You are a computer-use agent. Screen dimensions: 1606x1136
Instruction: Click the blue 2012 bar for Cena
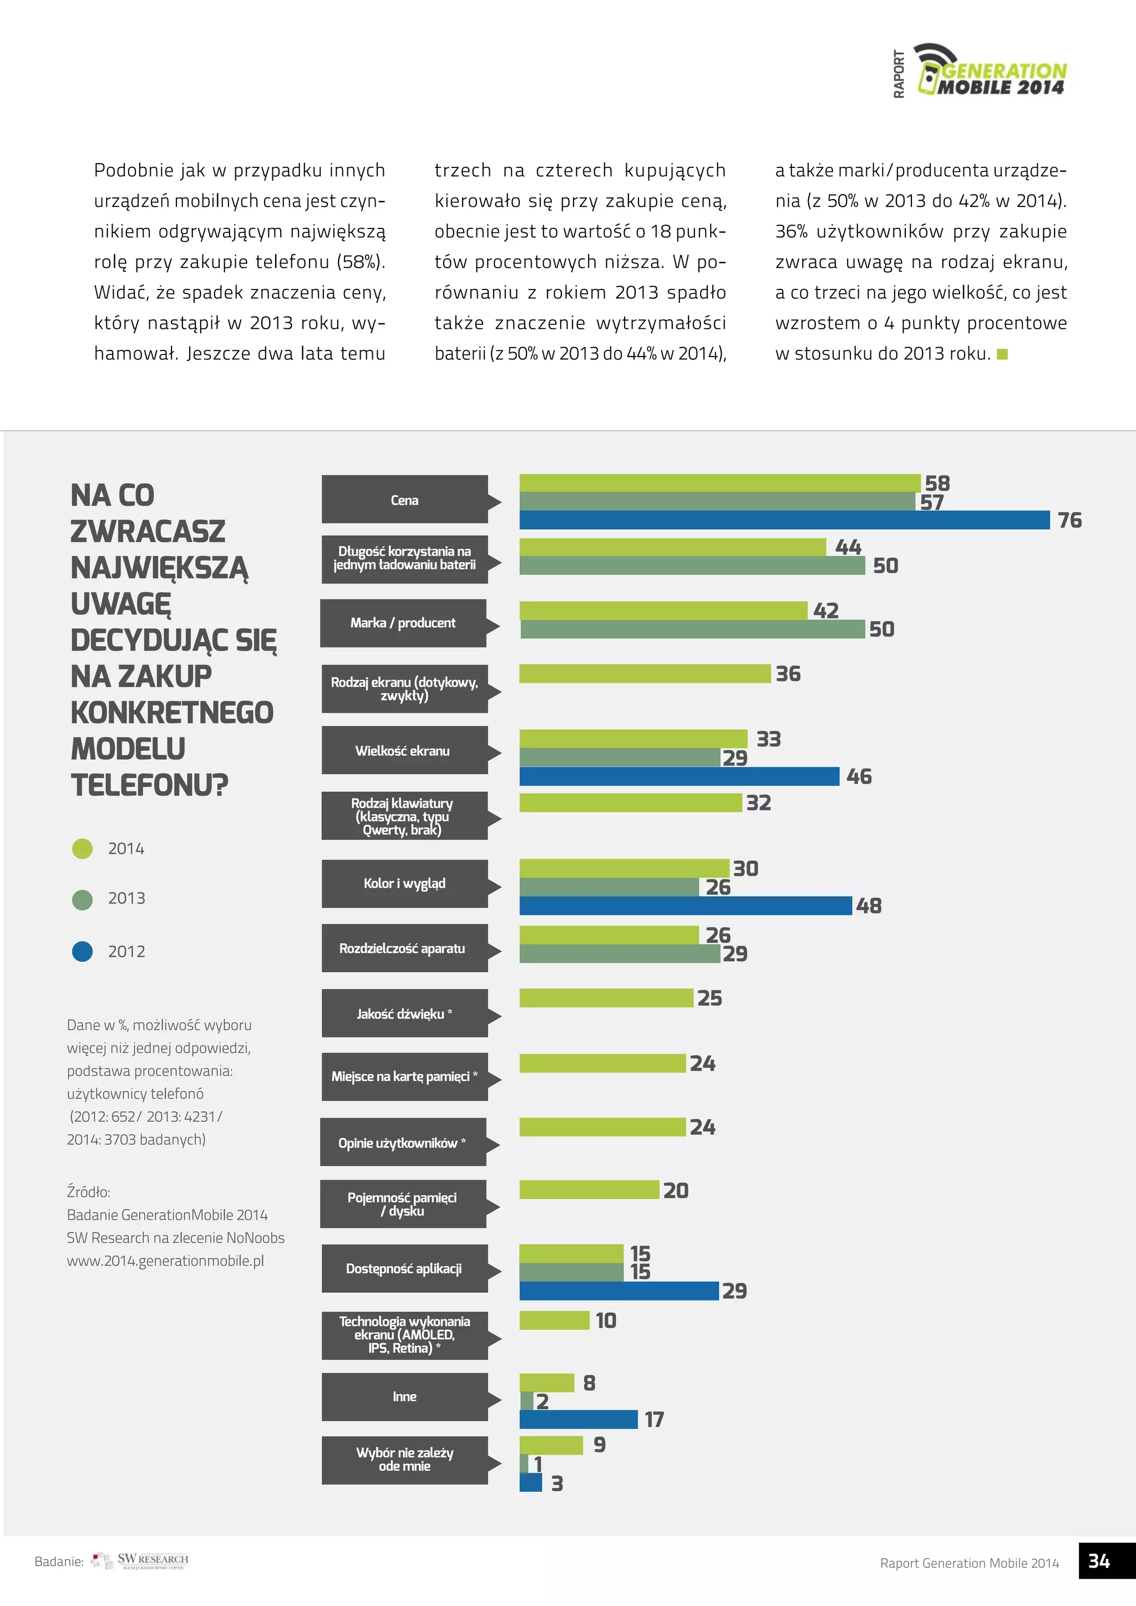click(x=783, y=520)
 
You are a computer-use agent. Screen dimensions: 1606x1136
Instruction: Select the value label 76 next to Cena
click(x=1069, y=520)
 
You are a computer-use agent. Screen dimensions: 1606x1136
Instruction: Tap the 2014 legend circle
click(x=83, y=848)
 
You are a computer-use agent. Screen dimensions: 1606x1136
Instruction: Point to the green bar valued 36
click(x=644, y=674)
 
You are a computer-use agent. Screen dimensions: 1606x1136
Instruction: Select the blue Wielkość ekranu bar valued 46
click(x=678, y=776)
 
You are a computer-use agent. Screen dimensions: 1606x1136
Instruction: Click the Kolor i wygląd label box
click(x=404, y=883)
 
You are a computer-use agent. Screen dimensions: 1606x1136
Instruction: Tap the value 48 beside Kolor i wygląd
click(x=869, y=906)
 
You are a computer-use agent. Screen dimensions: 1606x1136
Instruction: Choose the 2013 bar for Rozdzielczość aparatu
click(x=619, y=953)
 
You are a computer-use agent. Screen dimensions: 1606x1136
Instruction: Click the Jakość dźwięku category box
click(x=404, y=1014)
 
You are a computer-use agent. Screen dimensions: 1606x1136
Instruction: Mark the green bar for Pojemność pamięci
click(x=589, y=1190)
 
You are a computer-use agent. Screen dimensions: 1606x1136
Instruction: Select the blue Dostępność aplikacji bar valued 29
click(x=618, y=1290)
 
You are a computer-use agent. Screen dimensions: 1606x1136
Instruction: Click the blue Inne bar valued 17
click(x=578, y=1419)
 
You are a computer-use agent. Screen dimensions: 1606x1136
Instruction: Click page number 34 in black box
click(x=1099, y=1561)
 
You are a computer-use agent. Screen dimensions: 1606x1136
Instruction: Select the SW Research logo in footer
click(x=140, y=1561)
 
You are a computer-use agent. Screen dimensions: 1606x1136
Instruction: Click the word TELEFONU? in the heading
click(x=150, y=785)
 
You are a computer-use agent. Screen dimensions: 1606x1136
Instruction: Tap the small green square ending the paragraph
click(x=1002, y=354)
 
